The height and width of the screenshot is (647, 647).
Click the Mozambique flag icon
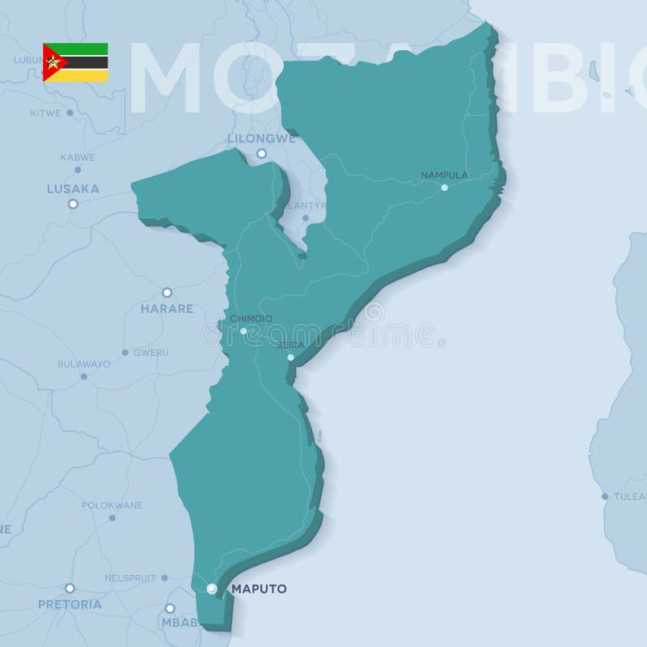[75, 62]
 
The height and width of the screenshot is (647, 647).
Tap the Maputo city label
[259, 589]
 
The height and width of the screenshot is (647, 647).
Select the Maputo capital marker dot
[211, 588]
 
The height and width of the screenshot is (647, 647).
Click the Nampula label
[445, 175]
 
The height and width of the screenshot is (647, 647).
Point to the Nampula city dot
[444, 188]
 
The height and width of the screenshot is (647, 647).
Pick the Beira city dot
[290, 357]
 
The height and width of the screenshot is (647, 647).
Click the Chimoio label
[251, 319]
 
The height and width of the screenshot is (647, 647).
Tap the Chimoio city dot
[243, 331]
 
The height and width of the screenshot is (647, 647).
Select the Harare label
[167, 308]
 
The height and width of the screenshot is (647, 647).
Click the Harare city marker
[167, 292]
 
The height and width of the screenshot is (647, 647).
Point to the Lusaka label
[73, 188]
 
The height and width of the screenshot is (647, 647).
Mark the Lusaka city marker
[73, 204]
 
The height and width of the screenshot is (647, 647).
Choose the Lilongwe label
[260, 138]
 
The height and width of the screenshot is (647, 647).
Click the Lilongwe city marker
[261, 153]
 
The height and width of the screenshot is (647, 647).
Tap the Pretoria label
[70, 604]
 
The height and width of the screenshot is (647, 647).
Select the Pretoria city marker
[70, 588]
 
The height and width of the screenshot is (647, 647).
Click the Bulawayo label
[83, 364]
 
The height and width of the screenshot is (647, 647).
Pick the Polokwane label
[112, 505]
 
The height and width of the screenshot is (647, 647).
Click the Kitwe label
[46, 113]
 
